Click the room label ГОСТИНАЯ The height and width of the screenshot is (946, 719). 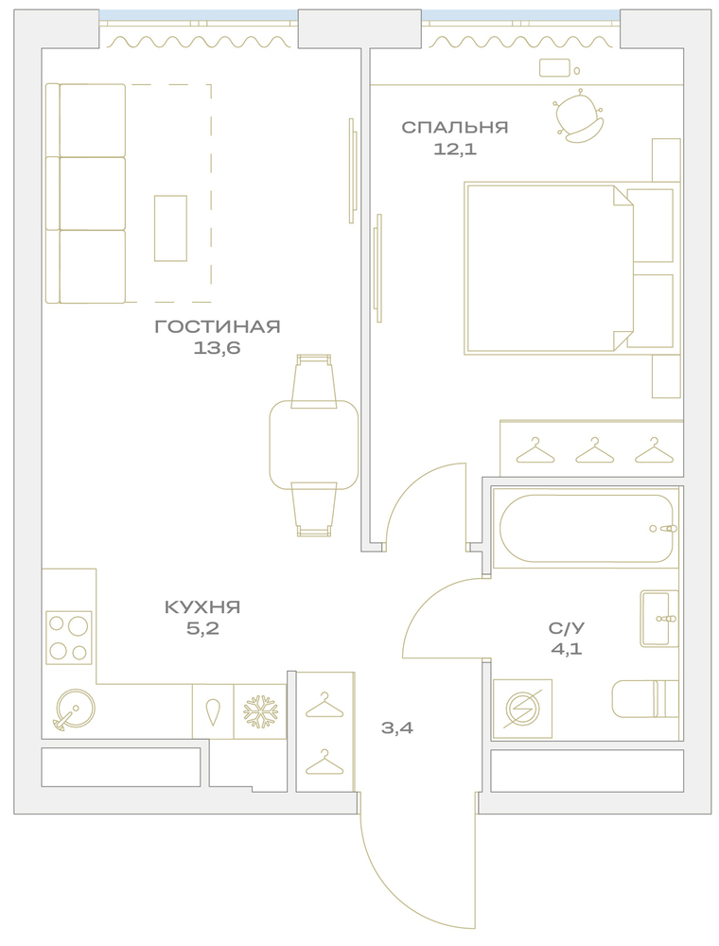click(218, 327)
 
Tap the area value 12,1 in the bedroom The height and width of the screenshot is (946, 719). click(455, 149)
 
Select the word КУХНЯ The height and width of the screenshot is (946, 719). click(202, 607)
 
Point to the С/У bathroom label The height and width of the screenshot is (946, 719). click(567, 628)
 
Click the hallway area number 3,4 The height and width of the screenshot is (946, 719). click(397, 728)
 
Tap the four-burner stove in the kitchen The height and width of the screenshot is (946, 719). click(69, 637)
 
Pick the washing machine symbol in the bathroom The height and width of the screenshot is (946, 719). click(522, 709)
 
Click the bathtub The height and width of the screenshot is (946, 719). click(586, 529)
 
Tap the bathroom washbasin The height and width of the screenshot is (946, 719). click(659, 619)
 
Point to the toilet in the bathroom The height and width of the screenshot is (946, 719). click(645, 699)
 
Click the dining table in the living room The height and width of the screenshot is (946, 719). click(314, 446)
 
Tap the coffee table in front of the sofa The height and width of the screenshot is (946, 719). click(170, 228)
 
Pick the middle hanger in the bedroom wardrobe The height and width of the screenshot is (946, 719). click(594, 450)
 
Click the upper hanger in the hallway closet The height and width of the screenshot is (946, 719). click(324, 705)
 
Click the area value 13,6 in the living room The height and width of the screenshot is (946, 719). click(218, 348)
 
